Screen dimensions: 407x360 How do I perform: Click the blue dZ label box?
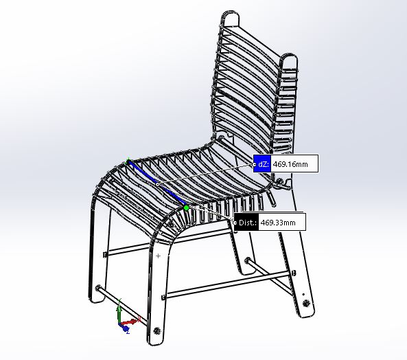[x=262, y=164]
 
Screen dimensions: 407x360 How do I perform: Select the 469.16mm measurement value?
[x=290, y=164]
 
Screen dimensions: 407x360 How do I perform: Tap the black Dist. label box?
[x=246, y=223]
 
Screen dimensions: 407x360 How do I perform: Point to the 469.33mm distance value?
[x=278, y=223]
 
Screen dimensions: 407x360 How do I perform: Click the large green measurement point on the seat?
[x=186, y=207]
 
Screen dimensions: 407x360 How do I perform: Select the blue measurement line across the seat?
[x=156, y=184]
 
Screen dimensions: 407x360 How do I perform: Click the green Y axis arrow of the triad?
[x=119, y=311]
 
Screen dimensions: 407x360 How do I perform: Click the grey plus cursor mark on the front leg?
[x=158, y=256]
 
